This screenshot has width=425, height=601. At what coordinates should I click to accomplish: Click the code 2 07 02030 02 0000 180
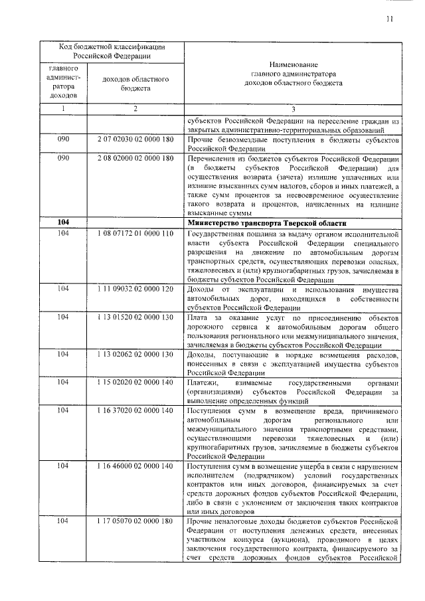[135, 140]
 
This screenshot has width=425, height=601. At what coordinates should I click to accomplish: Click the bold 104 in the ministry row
[63, 222]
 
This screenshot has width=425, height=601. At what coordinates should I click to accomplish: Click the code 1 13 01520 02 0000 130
[135, 317]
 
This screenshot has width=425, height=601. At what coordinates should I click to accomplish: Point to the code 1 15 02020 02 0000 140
[135, 382]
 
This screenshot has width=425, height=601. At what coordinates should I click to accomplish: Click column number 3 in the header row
[293, 109]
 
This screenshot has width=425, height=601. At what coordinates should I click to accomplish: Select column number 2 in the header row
[135, 109]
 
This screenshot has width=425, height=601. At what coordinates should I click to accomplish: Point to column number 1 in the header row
[63, 109]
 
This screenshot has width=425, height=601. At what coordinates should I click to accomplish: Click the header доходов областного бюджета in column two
[135, 84]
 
